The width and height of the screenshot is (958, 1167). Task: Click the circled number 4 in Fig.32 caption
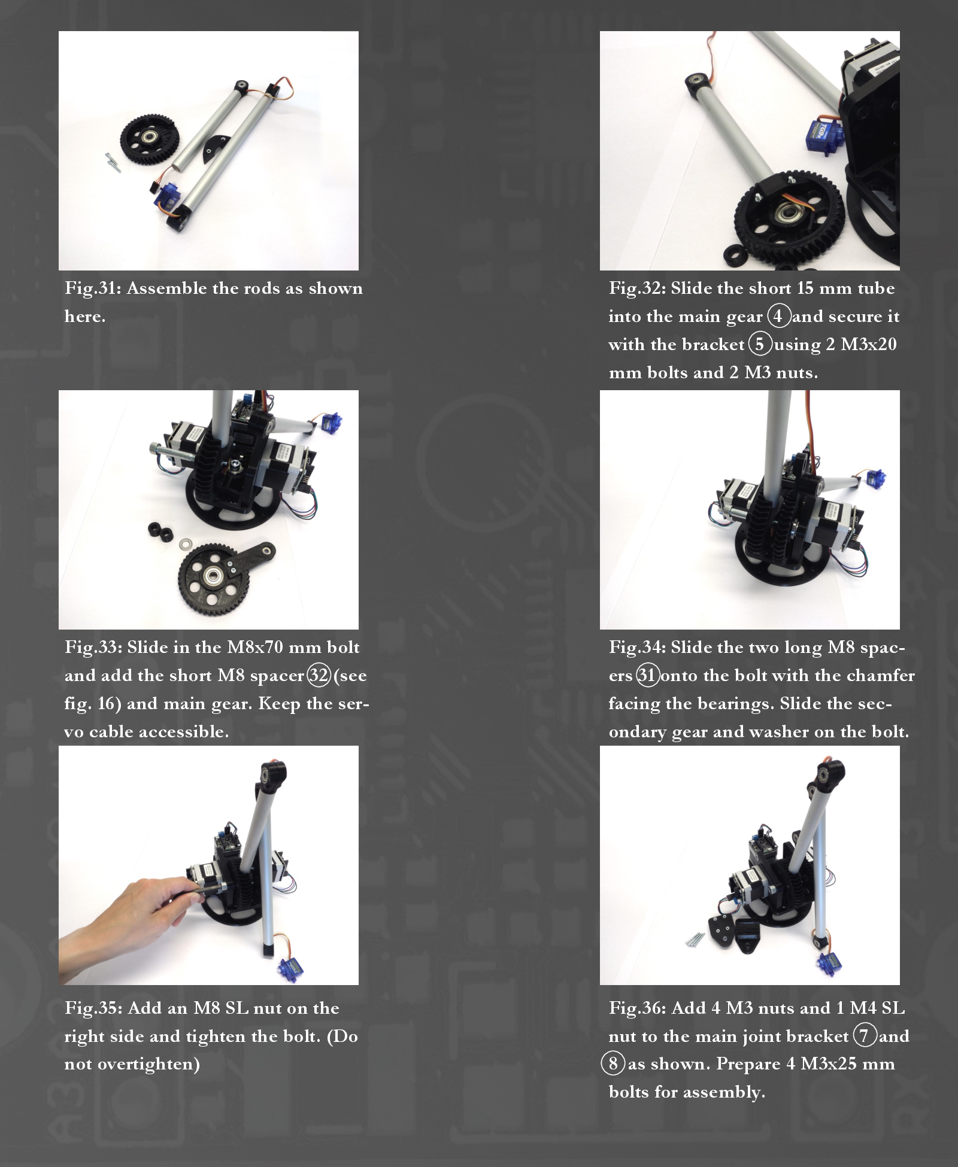click(x=778, y=316)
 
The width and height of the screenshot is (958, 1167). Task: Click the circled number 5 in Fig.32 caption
click(x=760, y=344)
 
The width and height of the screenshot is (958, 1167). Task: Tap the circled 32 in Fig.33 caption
click(x=319, y=675)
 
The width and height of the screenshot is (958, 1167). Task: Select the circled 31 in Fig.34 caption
click(x=647, y=675)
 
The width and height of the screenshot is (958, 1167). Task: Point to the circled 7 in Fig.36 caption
click(x=864, y=1036)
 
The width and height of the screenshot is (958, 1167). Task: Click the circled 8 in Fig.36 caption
click(x=613, y=1064)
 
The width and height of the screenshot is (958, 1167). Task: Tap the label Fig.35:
click(x=94, y=1008)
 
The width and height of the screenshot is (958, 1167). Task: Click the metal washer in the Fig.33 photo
click(x=183, y=545)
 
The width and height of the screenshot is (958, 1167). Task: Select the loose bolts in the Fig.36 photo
click(x=695, y=939)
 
